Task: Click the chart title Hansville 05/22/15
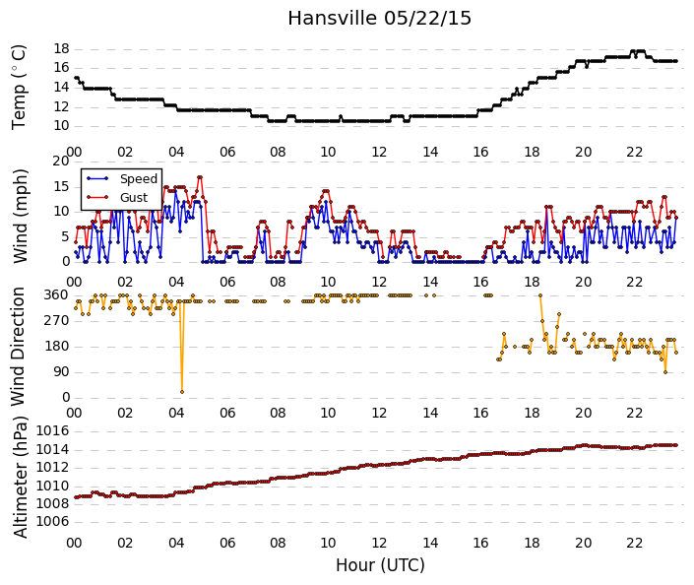click(379, 19)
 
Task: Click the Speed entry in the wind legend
click(139, 179)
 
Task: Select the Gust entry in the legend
click(134, 198)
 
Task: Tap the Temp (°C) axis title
click(19, 88)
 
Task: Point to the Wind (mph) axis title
click(20, 216)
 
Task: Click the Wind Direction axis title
click(18, 347)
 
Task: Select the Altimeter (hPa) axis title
click(20, 478)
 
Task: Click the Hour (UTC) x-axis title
click(380, 565)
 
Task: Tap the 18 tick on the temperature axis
click(61, 48)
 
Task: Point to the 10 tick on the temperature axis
click(61, 126)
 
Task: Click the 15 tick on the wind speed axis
click(61, 186)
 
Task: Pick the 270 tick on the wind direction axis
click(57, 321)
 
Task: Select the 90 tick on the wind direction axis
click(61, 372)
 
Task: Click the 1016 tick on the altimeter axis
click(53, 431)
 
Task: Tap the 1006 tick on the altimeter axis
click(53, 522)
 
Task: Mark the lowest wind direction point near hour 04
click(182, 392)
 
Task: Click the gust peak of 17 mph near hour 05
click(200, 177)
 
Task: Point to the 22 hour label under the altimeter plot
click(634, 543)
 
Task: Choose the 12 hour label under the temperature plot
click(379, 153)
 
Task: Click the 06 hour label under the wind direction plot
click(227, 414)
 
